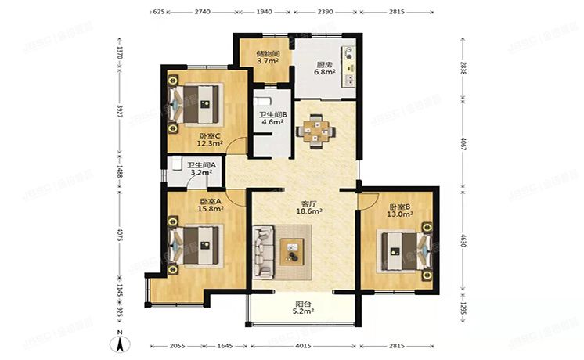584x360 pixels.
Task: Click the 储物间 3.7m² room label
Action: click(268, 57)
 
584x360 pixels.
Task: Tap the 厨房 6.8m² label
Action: click(303, 67)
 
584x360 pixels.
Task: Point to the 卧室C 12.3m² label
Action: click(209, 139)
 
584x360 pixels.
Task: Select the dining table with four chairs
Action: click(315, 131)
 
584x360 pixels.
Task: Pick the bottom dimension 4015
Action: click(303, 345)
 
